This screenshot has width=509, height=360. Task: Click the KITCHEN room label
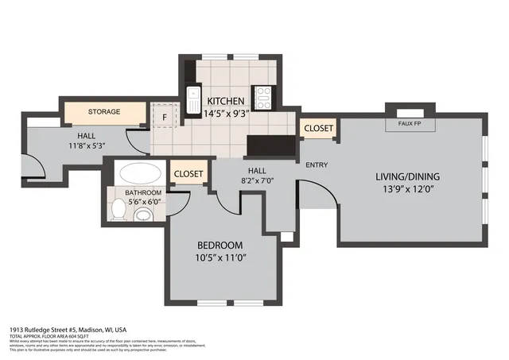(x=226, y=101)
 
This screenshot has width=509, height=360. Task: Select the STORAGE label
(x=104, y=112)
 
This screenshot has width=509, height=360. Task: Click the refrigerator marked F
(x=164, y=117)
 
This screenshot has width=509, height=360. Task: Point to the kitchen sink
(x=192, y=99)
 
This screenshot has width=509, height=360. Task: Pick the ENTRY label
(x=317, y=165)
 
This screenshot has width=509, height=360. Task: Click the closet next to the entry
(x=319, y=127)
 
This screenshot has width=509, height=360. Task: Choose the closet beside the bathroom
(x=188, y=173)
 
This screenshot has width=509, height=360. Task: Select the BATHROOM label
(x=143, y=192)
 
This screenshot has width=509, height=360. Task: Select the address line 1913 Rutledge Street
(x=68, y=329)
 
